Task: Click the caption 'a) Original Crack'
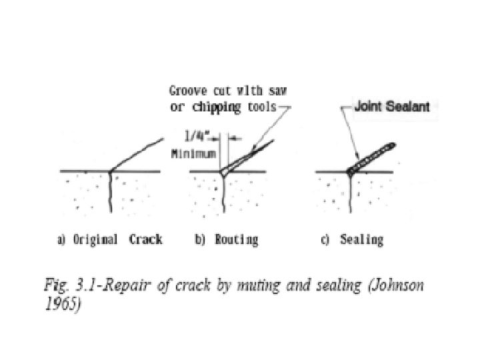tap(109, 239)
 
